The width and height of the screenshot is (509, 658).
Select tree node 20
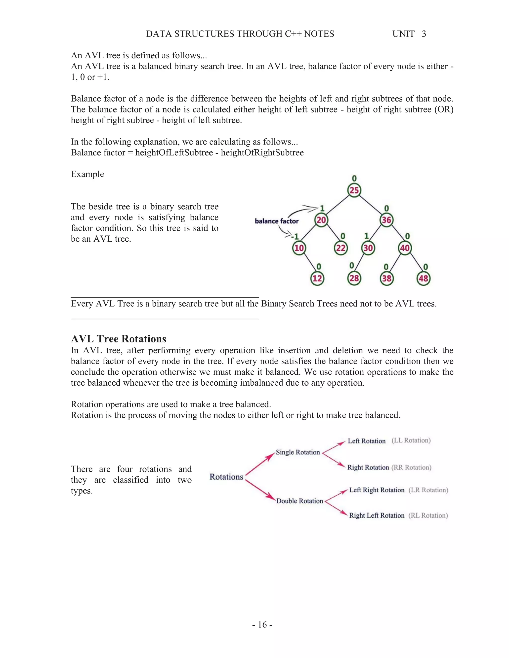(x=321, y=220)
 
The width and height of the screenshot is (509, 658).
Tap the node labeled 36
(x=386, y=220)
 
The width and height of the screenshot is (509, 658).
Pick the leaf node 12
(x=317, y=278)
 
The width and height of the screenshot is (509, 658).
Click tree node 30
(x=368, y=248)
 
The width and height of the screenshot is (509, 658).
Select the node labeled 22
(x=341, y=248)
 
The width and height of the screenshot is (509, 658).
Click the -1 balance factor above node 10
(x=295, y=236)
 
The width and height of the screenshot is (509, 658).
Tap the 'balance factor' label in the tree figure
(x=277, y=221)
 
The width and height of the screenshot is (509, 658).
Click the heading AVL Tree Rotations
(x=119, y=339)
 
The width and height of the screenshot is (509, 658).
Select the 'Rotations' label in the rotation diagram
(x=226, y=477)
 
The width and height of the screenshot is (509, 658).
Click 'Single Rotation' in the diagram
(x=297, y=452)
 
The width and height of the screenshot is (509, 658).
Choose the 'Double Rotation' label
(x=299, y=501)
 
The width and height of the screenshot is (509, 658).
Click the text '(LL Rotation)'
(x=411, y=440)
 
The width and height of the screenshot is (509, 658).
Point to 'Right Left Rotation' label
(x=377, y=515)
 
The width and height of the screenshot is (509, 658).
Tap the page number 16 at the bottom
(x=262, y=624)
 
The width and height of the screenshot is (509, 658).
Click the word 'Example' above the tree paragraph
(x=87, y=174)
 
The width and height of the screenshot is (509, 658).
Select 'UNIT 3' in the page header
(x=409, y=34)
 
